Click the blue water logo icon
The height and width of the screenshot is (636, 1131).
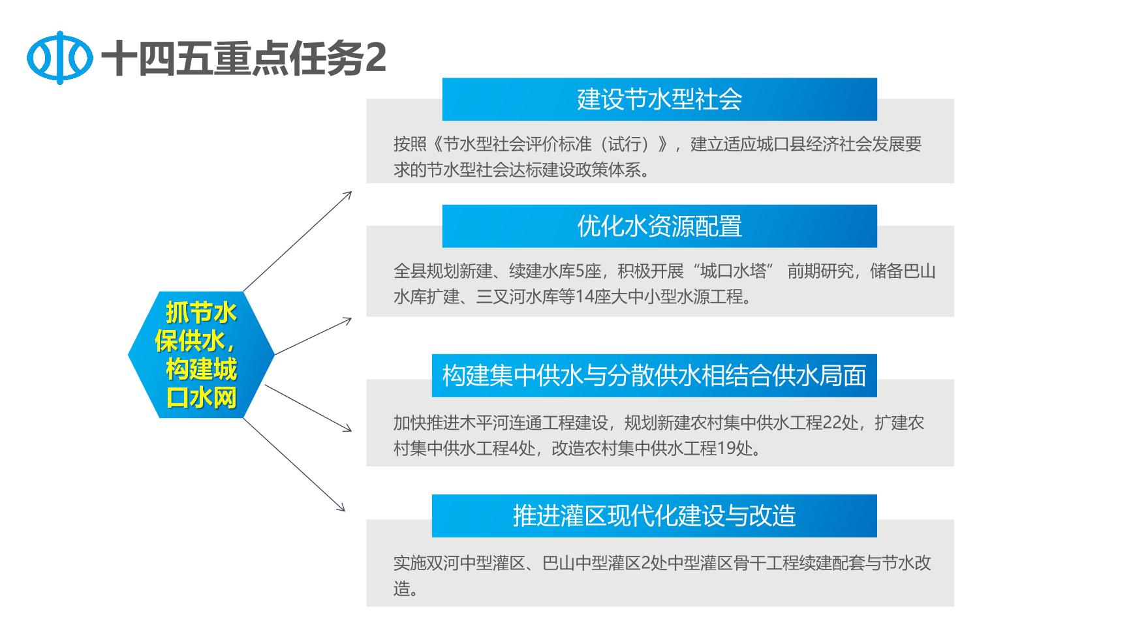point(59,58)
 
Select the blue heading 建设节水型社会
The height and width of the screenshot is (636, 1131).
point(659,99)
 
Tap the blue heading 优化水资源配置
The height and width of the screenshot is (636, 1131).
point(659,226)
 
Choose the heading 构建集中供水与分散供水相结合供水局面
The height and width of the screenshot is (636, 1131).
point(654,376)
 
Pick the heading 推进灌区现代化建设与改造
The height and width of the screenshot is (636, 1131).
point(654,516)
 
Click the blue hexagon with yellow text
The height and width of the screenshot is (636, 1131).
point(201,355)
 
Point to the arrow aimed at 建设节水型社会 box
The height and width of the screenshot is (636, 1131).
point(298,241)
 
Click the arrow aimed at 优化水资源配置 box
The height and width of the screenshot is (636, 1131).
point(313,337)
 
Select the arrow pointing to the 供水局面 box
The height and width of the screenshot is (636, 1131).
point(308,408)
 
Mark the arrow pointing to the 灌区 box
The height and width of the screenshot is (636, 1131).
point(294,464)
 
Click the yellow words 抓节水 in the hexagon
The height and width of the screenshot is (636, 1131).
point(201,313)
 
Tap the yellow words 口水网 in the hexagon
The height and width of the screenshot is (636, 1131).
point(201,398)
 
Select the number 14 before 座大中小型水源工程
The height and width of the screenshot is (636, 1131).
point(585,297)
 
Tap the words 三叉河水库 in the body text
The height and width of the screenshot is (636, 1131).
point(517,297)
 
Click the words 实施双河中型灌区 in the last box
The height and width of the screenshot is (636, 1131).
point(459,563)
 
